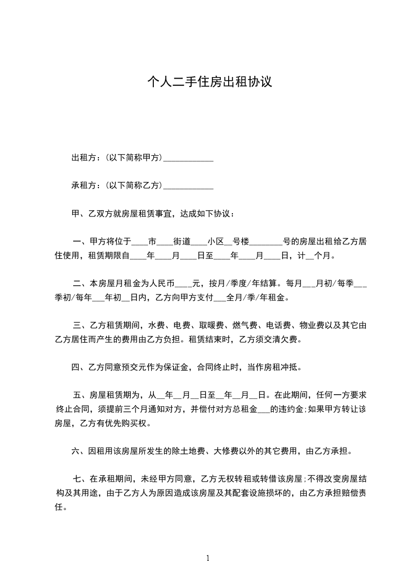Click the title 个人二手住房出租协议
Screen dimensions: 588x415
[209, 82]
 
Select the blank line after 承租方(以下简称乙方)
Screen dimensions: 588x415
[188, 186]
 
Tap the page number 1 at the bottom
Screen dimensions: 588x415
[208, 558]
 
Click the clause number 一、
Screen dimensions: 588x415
[80, 242]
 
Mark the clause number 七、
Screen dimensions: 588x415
[80, 478]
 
